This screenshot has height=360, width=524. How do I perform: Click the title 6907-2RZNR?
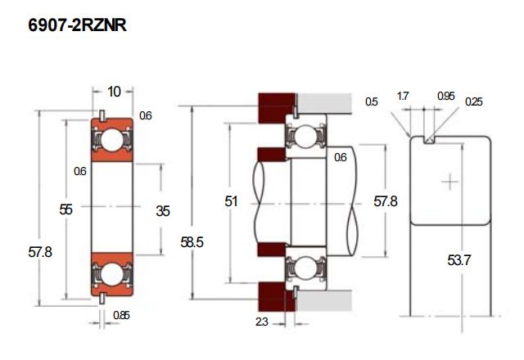pyautogui.click(x=77, y=26)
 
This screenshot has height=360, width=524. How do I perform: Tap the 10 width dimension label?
pyautogui.click(x=114, y=91)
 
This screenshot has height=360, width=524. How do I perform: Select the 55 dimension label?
pyautogui.click(x=66, y=209)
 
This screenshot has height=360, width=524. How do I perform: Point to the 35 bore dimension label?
pyautogui.click(x=162, y=210)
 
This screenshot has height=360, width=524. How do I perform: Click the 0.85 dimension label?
pyautogui.click(x=120, y=315)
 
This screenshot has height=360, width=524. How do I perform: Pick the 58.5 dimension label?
pyautogui.click(x=194, y=243)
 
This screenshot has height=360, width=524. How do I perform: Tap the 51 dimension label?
pyautogui.click(x=233, y=200)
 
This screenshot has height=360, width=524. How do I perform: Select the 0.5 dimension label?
pyautogui.click(x=372, y=101)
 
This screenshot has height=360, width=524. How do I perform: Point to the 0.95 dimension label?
pyautogui.click(x=446, y=97)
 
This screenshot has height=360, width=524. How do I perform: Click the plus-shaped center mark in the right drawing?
pyautogui.click(x=449, y=181)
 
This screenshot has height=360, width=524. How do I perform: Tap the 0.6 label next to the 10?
pyautogui.click(x=145, y=116)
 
